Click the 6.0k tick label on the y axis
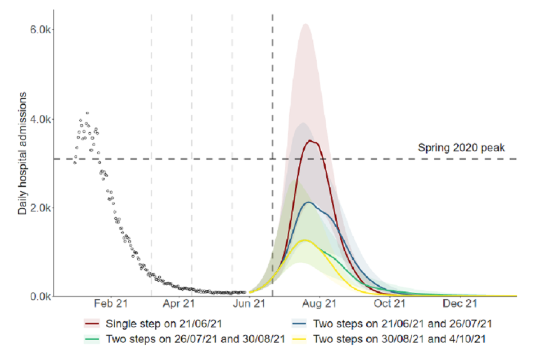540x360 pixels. (x=41, y=30)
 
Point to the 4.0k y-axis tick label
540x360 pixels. (x=41, y=119)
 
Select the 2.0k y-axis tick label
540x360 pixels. (x=41, y=208)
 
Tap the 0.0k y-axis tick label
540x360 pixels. (x=41, y=296)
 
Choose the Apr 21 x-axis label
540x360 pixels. (x=179, y=304)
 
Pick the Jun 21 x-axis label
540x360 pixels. (x=249, y=304)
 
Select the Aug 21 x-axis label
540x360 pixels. (x=319, y=304)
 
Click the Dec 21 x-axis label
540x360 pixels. (x=460, y=304)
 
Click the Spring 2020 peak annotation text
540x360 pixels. (x=462, y=148)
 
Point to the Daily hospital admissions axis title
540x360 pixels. (x=22, y=163)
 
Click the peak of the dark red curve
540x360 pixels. (x=310, y=141)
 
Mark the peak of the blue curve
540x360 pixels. (x=308, y=202)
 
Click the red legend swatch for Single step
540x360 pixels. (x=92, y=324)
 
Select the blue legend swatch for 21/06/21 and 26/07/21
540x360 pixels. (x=299, y=324)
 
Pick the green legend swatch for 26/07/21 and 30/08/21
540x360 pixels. (x=92, y=339)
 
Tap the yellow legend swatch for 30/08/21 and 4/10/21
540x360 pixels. (x=299, y=339)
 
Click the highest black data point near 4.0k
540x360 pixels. (x=87, y=113)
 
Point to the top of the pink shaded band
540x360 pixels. (x=304, y=24)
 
